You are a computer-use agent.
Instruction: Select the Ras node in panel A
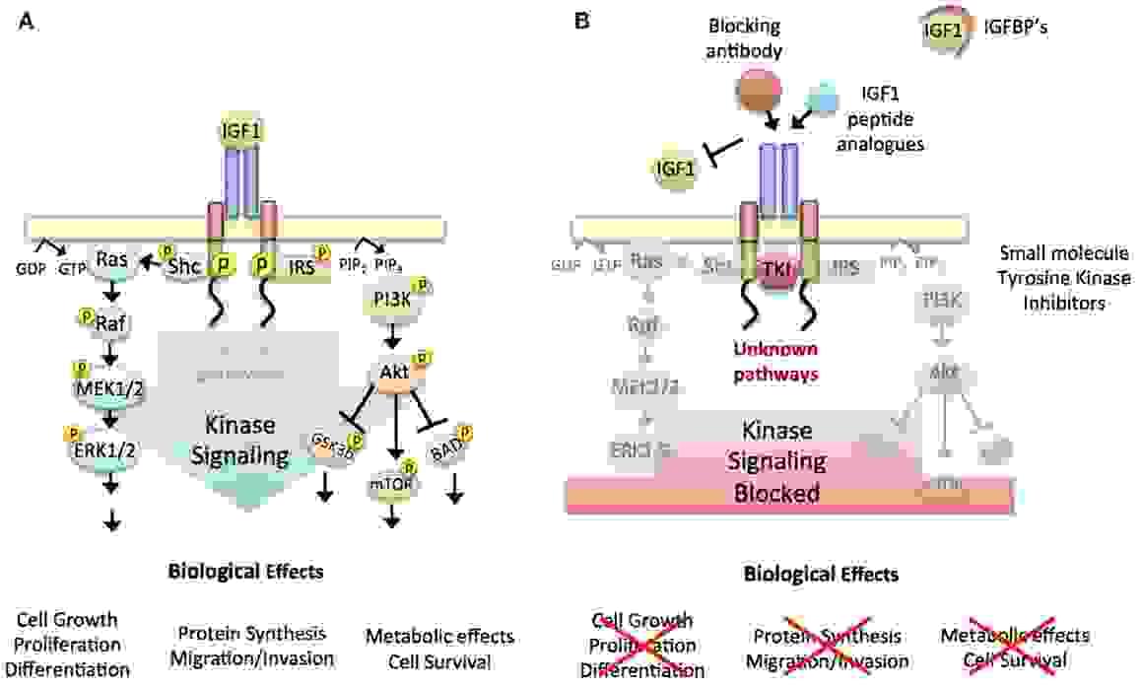point(108,260)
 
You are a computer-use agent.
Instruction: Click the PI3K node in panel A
point(394,303)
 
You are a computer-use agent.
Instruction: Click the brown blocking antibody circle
point(760,96)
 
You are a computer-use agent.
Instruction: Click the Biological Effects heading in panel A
point(245,571)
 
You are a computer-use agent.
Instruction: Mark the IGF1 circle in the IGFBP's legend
point(942,31)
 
